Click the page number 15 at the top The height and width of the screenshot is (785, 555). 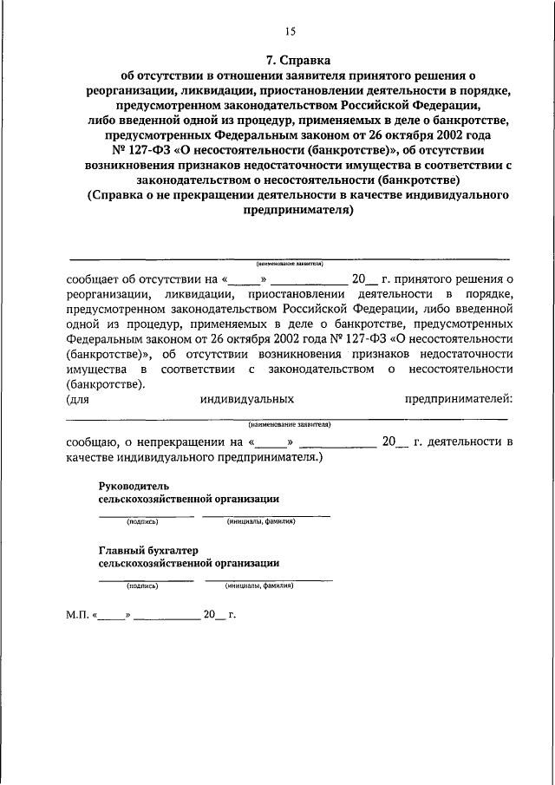pyautogui.click(x=290, y=31)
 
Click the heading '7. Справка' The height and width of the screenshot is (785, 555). pyautogui.click(x=290, y=61)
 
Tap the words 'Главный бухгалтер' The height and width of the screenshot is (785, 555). pyautogui.click(x=149, y=549)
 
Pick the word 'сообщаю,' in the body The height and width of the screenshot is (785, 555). pyautogui.click(x=95, y=442)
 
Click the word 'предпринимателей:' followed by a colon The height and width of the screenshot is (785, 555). pyautogui.click(x=458, y=398)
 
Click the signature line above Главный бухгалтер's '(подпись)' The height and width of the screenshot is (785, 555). pyautogui.click(x=146, y=579)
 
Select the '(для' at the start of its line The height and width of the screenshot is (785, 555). pyautogui.click(x=77, y=398)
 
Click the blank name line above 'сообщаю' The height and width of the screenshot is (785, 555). pyautogui.click(x=290, y=418)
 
